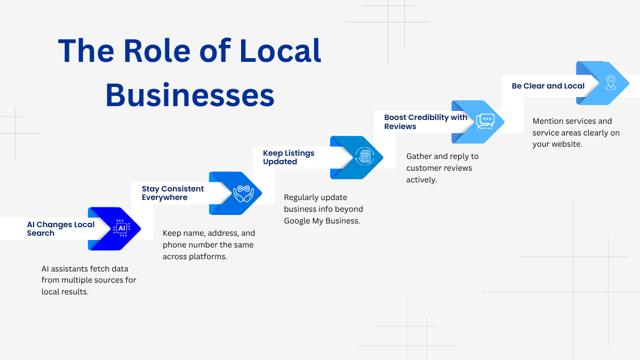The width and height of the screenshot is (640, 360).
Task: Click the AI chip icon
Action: (x=122, y=229)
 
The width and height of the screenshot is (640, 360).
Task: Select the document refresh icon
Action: (x=365, y=157)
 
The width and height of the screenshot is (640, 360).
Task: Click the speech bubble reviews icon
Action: (x=485, y=122)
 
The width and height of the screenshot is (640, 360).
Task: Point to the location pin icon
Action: (x=611, y=83)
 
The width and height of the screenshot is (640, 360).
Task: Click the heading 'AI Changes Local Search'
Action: (x=61, y=229)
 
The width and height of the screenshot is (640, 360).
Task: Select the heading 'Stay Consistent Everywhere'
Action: (x=173, y=193)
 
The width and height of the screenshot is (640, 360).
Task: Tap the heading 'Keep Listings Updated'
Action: (x=289, y=157)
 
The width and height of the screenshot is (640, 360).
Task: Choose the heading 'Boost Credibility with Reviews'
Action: (x=426, y=122)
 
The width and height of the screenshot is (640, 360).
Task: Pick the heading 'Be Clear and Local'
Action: (x=548, y=86)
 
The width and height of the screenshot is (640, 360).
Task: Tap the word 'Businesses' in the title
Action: (x=190, y=96)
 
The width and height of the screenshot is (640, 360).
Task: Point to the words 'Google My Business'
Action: (x=322, y=221)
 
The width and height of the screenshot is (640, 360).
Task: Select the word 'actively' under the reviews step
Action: (x=421, y=180)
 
